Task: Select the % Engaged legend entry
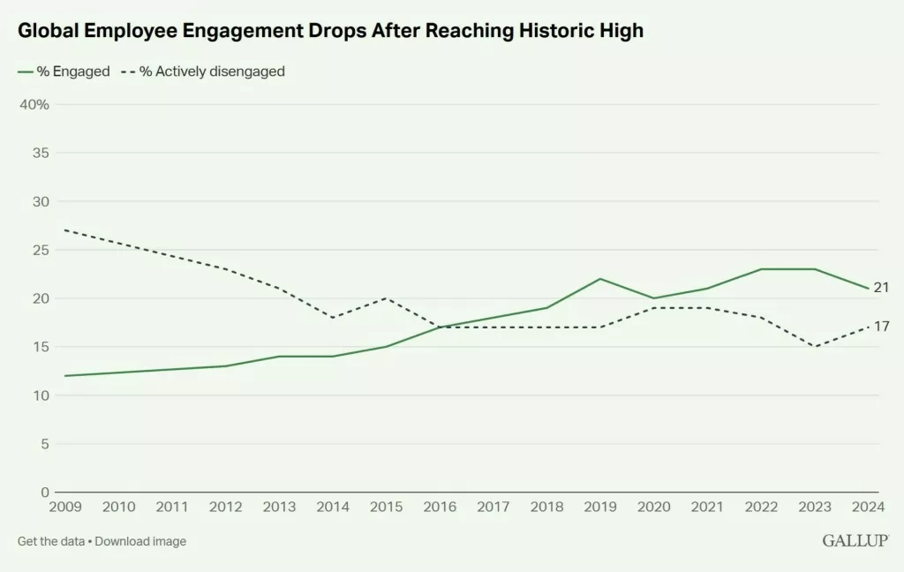coord(64,71)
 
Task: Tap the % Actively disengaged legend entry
coord(203,71)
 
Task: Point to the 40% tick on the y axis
coord(34,104)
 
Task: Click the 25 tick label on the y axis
coord(41,250)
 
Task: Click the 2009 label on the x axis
coord(65,507)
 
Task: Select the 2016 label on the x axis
coord(440,507)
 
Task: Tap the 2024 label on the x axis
coord(868,507)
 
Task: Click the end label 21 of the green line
coord(881,288)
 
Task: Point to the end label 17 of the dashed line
coord(881,327)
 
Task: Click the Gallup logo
coord(855,541)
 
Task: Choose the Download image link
coord(140,541)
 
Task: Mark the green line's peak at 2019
coord(600,279)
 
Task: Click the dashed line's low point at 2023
coord(815,346)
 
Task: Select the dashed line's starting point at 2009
coord(65,230)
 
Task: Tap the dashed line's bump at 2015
coord(386,297)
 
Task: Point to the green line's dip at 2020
coord(654,298)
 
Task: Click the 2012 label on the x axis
coord(226,507)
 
